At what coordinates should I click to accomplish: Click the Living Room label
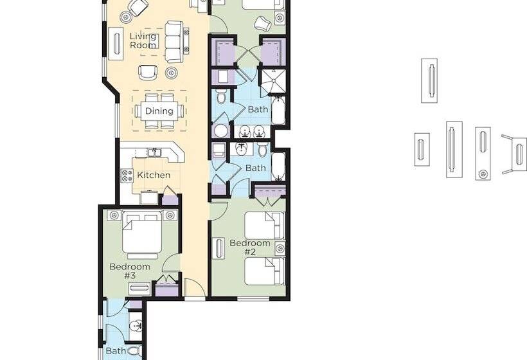pyautogui.click(x=143, y=40)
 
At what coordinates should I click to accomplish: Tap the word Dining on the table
pyautogui.click(x=159, y=111)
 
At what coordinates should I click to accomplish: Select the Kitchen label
pyautogui.click(x=154, y=175)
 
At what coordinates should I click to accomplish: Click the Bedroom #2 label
pyautogui.click(x=250, y=247)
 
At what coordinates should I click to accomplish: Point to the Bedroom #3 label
pyautogui.click(x=130, y=271)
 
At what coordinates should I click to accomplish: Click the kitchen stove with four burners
pyautogui.click(x=127, y=175)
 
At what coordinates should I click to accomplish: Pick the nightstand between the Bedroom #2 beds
pyautogui.click(x=280, y=249)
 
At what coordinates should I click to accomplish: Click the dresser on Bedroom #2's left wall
pyautogui.click(x=219, y=248)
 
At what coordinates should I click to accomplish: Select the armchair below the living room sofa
pyautogui.click(x=148, y=72)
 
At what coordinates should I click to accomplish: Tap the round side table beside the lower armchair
pyautogui.click(x=172, y=71)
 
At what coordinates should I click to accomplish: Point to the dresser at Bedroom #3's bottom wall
pyautogui.click(x=139, y=289)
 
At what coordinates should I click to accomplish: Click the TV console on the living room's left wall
pyautogui.click(x=116, y=44)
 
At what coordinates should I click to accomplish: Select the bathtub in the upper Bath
pyautogui.click(x=279, y=111)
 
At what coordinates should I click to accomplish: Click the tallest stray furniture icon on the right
pyautogui.click(x=454, y=150)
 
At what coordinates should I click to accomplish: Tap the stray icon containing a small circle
pyautogui.click(x=483, y=154)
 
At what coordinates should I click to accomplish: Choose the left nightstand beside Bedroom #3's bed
pyautogui.click(x=114, y=215)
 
